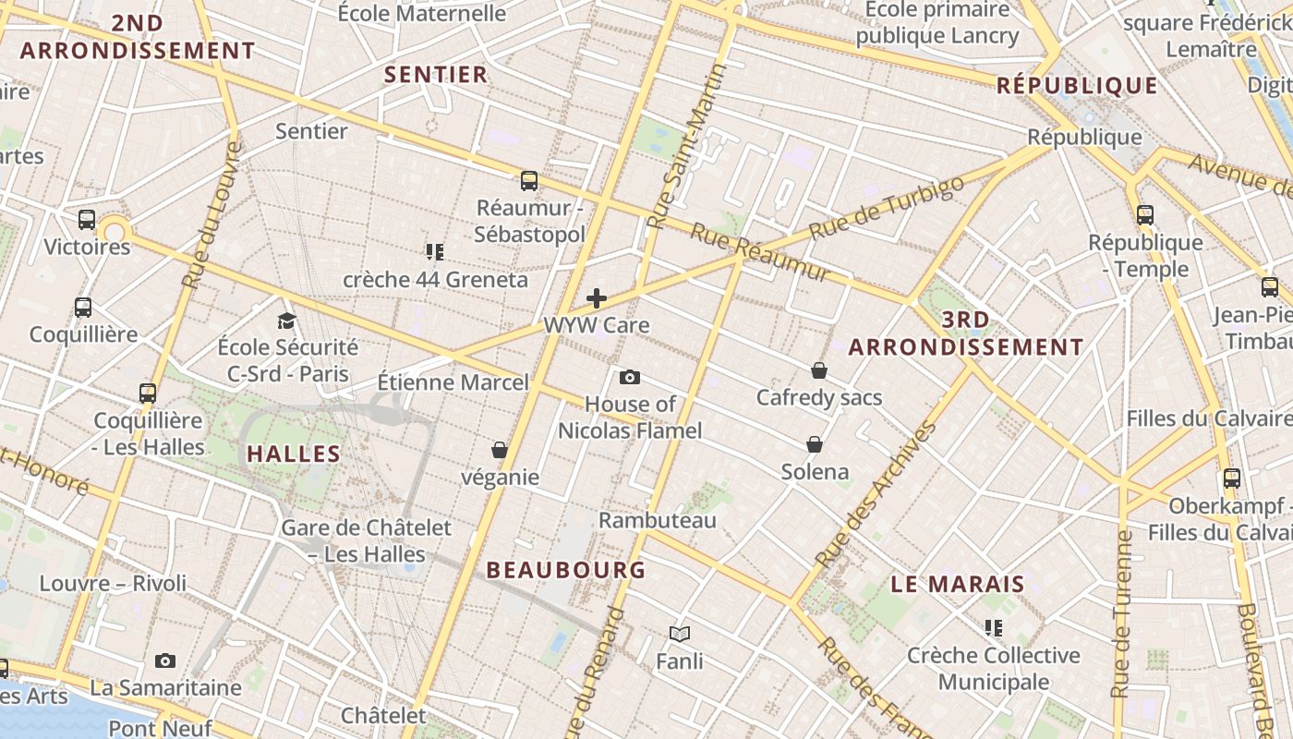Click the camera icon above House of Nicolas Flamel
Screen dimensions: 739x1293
pos(630,377)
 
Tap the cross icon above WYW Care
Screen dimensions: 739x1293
pos(597,297)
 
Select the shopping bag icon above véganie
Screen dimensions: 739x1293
pos(500,450)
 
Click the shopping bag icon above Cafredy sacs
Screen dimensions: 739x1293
pos(818,370)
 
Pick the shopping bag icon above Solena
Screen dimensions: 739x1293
pos(815,444)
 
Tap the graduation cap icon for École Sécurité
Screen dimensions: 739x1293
pos(287,321)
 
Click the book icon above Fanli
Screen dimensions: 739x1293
pos(680,634)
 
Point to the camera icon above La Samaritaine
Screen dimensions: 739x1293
pos(165,660)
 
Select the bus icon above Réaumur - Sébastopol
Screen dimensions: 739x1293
pos(529,180)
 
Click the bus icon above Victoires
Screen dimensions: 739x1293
pos(87,220)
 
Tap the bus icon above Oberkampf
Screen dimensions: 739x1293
pos(1232,479)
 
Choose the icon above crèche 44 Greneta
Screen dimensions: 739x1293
pos(435,251)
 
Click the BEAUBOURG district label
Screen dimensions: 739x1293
pos(566,570)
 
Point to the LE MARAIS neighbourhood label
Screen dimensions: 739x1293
pos(958,584)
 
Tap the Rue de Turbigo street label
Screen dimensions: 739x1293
pos(886,207)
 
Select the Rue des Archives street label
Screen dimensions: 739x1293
pos(876,494)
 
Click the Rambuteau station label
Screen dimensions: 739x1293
pos(658,520)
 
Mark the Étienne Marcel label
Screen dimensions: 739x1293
pos(453,382)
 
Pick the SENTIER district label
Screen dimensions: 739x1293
pos(435,75)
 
